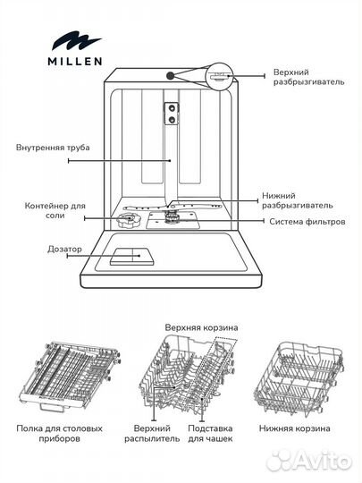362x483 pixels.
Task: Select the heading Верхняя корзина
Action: tap(202, 327)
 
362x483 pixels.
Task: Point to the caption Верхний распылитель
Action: tap(159, 434)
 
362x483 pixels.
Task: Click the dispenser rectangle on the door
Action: tap(127, 256)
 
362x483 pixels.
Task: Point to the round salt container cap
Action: tap(120, 220)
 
